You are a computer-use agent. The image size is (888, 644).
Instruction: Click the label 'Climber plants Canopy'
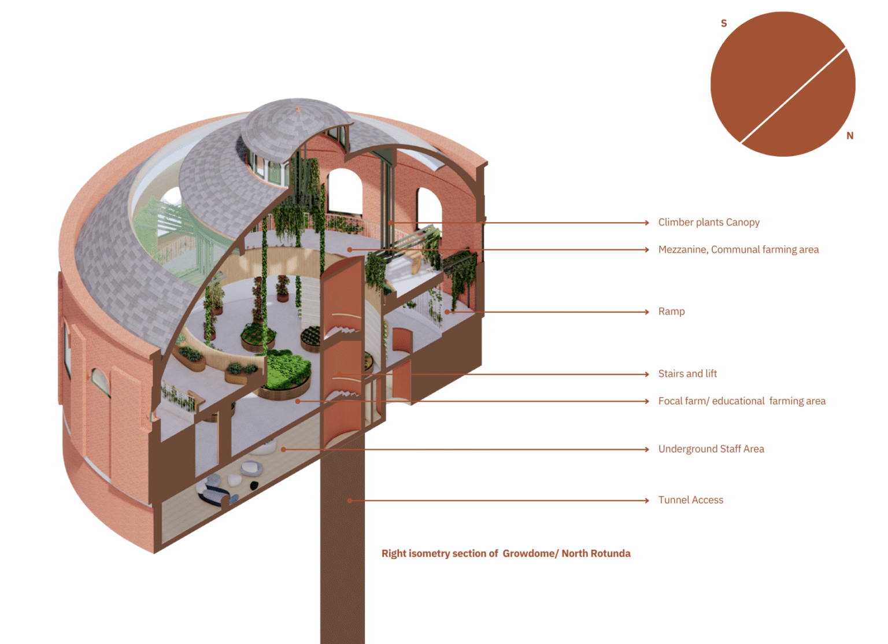click(x=709, y=223)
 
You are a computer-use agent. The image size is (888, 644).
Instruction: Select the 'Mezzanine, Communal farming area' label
click(x=738, y=250)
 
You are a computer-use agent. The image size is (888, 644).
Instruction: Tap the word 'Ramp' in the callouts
click(x=671, y=312)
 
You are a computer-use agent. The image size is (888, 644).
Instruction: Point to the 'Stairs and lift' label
click(x=687, y=374)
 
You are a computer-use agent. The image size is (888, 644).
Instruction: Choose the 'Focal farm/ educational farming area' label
click(x=742, y=401)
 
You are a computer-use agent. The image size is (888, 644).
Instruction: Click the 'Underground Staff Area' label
click(x=711, y=449)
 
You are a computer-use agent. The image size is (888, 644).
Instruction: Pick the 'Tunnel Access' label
click(x=690, y=500)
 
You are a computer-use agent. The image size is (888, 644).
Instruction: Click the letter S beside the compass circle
click(x=724, y=24)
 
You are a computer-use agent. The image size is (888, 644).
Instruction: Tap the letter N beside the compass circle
click(x=850, y=136)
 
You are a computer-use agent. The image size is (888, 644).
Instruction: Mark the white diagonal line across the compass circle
click(x=793, y=95)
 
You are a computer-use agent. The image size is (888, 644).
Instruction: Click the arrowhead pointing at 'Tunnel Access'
click(x=647, y=501)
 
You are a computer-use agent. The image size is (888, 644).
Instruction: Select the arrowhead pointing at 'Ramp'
click(x=647, y=312)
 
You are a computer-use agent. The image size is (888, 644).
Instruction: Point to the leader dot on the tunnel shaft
click(x=350, y=501)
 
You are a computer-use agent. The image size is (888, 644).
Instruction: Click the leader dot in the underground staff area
click(x=283, y=449)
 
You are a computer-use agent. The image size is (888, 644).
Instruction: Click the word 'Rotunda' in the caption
click(x=610, y=554)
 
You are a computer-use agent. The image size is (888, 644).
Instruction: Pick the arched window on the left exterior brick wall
click(x=100, y=382)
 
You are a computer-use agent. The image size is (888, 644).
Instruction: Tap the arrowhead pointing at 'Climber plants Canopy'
click(x=647, y=223)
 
